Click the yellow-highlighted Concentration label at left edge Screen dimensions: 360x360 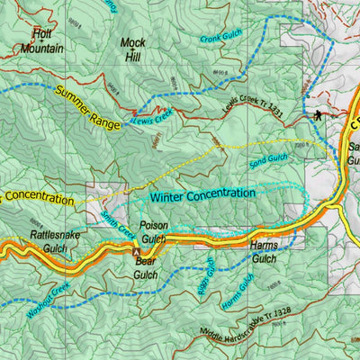tap(36, 196)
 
